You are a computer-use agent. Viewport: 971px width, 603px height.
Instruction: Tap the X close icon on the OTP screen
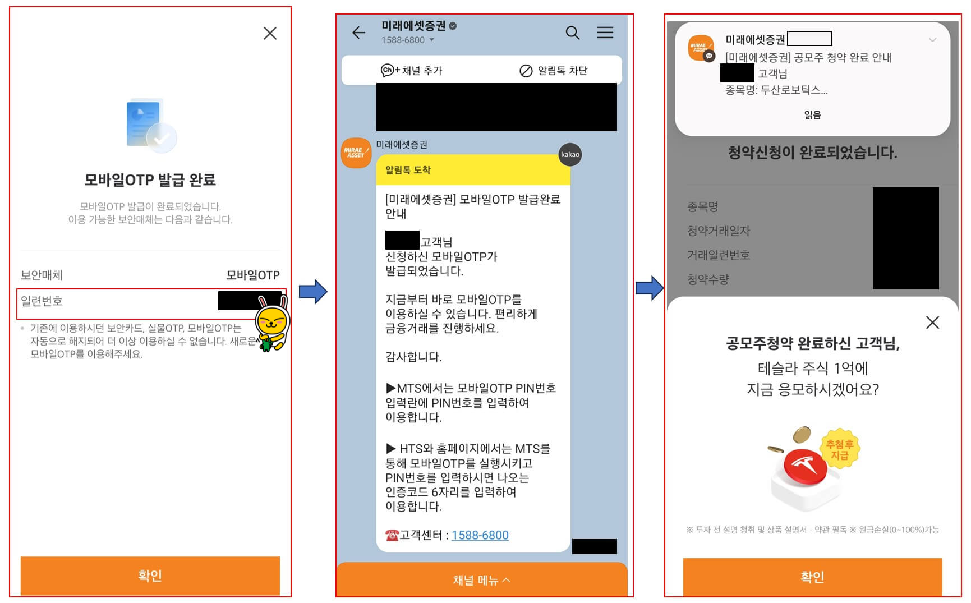270,34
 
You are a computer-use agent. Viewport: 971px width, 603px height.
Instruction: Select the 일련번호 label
42,301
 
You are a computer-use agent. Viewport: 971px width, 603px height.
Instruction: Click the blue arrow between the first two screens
312,292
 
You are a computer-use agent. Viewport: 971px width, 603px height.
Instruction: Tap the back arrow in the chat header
358,33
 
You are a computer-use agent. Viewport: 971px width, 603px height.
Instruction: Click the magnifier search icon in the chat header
572,33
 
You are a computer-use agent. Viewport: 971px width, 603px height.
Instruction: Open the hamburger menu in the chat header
604,33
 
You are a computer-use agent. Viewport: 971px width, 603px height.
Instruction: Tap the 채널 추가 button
412,71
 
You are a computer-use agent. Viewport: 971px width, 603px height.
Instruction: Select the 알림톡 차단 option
553,71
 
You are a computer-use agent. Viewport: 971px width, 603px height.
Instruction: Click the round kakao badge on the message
570,155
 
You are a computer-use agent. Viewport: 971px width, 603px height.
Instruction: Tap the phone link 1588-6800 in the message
480,535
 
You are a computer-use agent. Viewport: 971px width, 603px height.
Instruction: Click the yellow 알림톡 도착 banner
473,170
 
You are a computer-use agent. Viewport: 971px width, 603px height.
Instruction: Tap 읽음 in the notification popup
812,115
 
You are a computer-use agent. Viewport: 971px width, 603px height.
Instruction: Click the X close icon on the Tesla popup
932,323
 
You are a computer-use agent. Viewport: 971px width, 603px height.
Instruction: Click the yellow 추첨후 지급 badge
840,449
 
